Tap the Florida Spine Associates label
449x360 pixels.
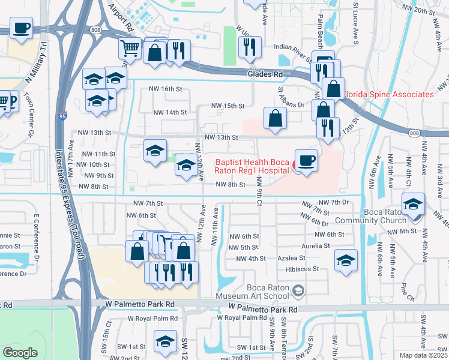coord(388,94)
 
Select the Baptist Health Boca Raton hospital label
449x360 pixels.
coord(252,166)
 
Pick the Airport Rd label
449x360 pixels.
coord(121,16)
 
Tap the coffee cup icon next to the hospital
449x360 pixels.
coord(306,160)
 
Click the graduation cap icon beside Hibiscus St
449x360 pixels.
coord(345,260)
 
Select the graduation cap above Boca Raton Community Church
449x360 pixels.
coord(414,203)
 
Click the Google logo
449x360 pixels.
coord(20,353)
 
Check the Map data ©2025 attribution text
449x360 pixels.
coord(423,355)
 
